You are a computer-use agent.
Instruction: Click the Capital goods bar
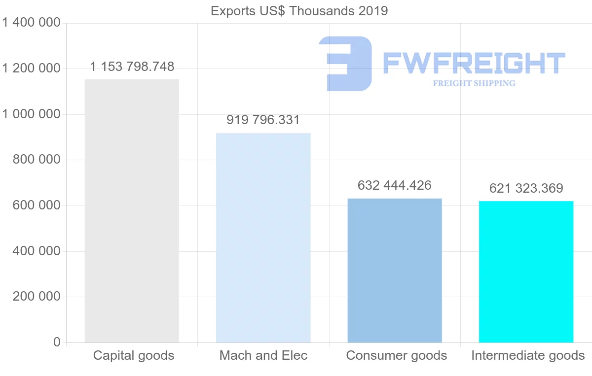tap(132, 211)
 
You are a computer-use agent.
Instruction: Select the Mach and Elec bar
tap(263, 238)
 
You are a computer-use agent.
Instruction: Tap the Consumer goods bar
tap(395, 270)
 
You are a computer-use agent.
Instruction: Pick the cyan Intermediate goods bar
tap(526, 272)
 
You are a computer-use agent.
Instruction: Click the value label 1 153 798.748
tap(132, 67)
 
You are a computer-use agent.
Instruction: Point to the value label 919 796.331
tap(263, 120)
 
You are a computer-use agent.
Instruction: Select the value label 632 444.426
tap(395, 185)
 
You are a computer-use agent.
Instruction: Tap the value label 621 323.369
tap(526, 188)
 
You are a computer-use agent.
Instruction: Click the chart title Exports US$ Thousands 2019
tap(299, 11)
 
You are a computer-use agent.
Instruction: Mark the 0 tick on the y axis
tap(57, 342)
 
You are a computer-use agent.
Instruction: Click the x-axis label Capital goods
tap(134, 355)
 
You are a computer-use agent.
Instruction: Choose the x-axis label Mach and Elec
tap(263, 355)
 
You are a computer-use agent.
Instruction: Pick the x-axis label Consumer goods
tap(397, 355)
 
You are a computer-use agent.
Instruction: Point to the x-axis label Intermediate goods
tap(528, 355)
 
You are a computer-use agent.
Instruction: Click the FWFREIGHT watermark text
tap(474, 63)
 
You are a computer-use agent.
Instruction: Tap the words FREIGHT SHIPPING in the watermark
tap(474, 83)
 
